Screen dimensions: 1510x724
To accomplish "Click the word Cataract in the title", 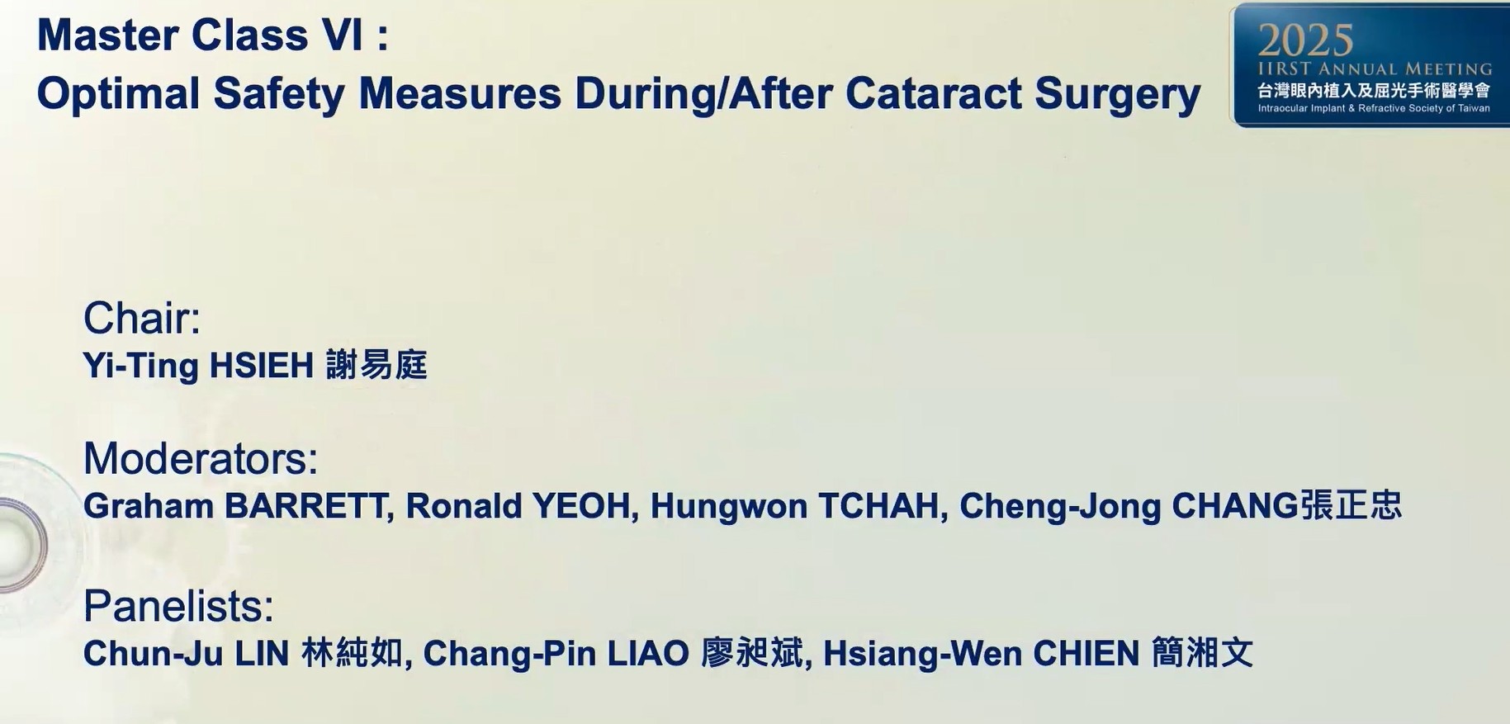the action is pyautogui.click(x=934, y=93).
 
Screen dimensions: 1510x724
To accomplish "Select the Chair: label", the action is pyautogui.click(x=142, y=318).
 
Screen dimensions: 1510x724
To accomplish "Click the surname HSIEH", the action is pyautogui.click(x=261, y=365).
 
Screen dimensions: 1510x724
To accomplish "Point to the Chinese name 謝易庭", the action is pyautogui.click(x=376, y=365).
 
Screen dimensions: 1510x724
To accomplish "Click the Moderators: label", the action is pyautogui.click(x=201, y=458).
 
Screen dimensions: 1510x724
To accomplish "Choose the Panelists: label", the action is pyautogui.click(x=178, y=606).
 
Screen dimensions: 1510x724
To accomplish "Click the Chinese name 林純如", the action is pyautogui.click(x=353, y=653).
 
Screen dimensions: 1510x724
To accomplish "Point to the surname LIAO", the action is pyautogui.click(x=648, y=654).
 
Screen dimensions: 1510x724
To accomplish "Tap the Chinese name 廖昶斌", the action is pyautogui.click(x=752, y=653).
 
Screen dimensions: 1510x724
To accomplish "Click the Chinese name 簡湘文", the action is pyautogui.click(x=1202, y=653).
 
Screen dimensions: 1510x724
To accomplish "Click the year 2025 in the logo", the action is pyautogui.click(x=1305, y=39).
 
